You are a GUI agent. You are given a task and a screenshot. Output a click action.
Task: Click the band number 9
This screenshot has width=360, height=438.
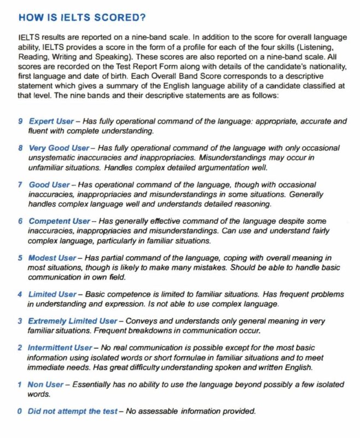click(20, 121)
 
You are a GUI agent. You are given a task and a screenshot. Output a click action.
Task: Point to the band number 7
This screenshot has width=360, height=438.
click(20, 185)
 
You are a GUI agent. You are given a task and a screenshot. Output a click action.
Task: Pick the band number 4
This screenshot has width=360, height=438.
click(20, 294)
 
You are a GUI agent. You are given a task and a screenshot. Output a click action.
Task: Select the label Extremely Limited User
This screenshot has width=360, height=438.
click(72, 321)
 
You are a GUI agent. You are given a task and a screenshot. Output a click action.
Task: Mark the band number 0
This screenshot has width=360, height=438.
click(20, 411)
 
